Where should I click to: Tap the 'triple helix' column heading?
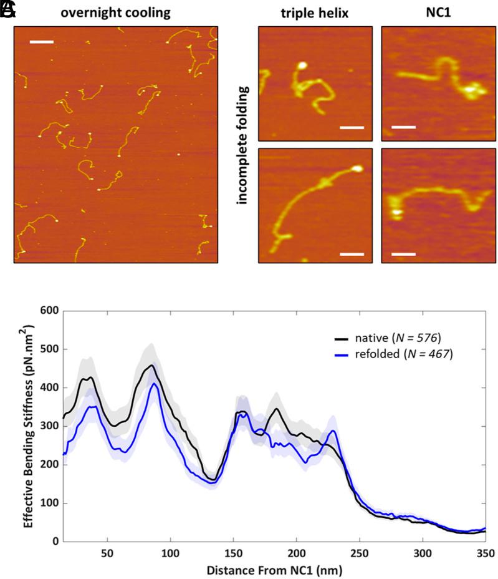[314, 12]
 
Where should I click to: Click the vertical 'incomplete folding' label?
[242, 145]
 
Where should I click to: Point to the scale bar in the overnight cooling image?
[42, 42]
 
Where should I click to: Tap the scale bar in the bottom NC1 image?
[404, 254]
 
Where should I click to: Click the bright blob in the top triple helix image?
[302, 65]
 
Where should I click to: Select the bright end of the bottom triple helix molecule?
[357, 168]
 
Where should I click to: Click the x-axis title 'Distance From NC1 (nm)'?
[274, 570]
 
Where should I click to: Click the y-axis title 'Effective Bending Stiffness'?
[29, 426]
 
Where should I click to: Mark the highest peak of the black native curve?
[151, 366]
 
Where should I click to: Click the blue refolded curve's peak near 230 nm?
[333, 431]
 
